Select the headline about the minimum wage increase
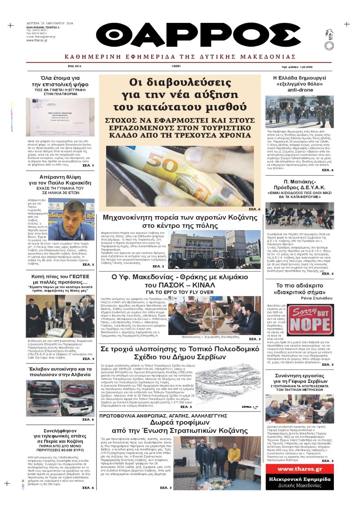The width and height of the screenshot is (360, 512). click(180, 95)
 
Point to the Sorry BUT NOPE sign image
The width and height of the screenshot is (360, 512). click(310, 321)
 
